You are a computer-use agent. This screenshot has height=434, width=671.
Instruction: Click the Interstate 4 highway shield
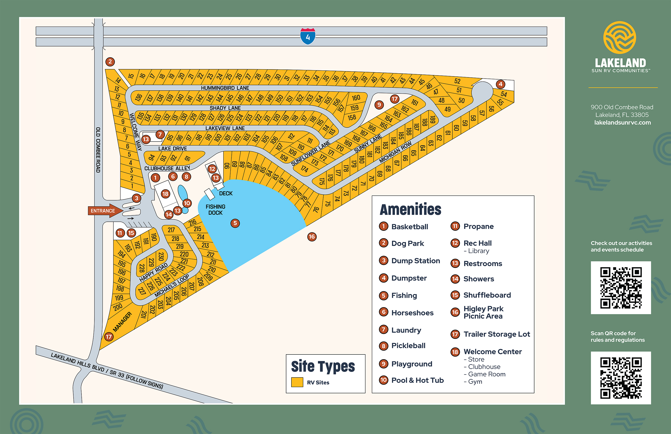[x=308, y=36]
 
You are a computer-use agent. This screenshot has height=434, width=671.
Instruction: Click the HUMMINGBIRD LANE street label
[x=225, y=88]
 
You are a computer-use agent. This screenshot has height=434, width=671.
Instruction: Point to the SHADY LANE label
[x=225, y=108]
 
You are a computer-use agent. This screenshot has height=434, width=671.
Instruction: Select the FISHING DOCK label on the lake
[x=215, y=210]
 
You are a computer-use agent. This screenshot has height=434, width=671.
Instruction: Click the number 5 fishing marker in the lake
[x=235, y=223]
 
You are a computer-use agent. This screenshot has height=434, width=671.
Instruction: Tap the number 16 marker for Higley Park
[x=312, y=237]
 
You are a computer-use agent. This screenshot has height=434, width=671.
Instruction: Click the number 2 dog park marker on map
[x=110, y=62]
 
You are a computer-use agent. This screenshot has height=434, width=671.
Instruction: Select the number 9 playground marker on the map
[x=379, y=105]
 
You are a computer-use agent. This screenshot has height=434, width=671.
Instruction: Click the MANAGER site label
[x=122, y=322]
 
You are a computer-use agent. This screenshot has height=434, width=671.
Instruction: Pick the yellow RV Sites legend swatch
[x=297, y=382]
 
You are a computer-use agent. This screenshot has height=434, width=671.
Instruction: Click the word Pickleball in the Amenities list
[x=408, y=346]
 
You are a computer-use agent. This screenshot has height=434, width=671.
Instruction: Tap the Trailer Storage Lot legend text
[x=497, y=334]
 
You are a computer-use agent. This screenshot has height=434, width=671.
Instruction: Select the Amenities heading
[x=410, y=209]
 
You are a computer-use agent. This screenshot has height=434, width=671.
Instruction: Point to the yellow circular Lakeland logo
[x=619, y=37]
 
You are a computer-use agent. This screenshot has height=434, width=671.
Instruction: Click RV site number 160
[x=356, y=98]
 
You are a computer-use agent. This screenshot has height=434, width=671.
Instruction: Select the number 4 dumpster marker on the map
[x=500, y=84]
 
